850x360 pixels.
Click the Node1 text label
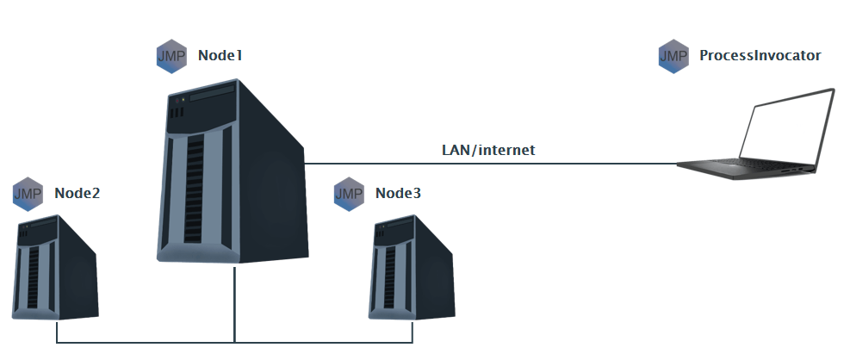[220, 56]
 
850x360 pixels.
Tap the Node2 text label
[78, 193]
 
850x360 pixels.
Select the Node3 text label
[398, 193]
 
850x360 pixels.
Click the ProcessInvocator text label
[760, 56]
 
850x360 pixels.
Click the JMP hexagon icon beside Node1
[171, 56]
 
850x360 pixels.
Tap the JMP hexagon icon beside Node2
[28, 193]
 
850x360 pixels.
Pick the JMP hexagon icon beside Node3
[349, 193]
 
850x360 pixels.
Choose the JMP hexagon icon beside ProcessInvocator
[673, 56]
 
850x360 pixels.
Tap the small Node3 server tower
[410, 269]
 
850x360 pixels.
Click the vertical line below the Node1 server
[234, 301]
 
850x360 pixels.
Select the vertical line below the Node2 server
[57, 331]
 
